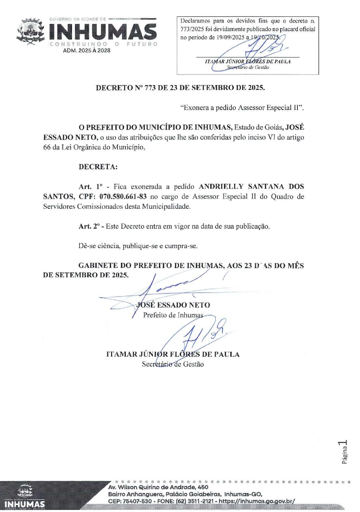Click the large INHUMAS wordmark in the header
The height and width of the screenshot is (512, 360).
coord(103,32)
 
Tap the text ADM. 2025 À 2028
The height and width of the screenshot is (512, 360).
coord(86,51)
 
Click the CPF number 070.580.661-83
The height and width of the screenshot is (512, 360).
coord(123,196)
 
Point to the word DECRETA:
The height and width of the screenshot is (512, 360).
coord(98,167)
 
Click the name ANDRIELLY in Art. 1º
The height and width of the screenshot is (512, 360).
coord(221,187)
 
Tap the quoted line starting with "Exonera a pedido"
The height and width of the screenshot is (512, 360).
coord(242,108)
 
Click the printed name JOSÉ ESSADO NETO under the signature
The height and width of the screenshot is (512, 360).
coord(173,305)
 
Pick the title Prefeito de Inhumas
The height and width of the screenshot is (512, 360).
coord(173,315)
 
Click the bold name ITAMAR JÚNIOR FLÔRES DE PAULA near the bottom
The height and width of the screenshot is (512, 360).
coord(173,354)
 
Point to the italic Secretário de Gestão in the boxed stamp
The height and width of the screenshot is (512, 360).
coord(248,67)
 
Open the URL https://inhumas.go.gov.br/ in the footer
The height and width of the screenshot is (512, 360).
coord(257,501)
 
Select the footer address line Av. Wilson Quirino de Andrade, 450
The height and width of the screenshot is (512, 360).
coord(158,487)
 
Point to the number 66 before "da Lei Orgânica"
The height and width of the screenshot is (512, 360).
coord(47,148)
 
